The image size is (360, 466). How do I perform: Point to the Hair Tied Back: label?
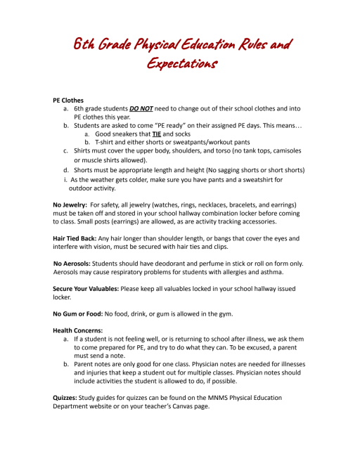[x=79, y=238]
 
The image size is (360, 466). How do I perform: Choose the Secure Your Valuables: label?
[x=95, y=289]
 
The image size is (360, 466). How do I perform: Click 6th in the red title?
[x=86, y=45]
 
